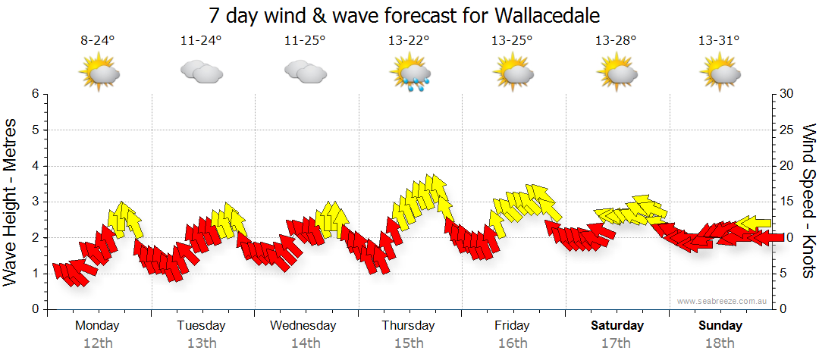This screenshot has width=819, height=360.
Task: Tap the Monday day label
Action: tap(97, 326)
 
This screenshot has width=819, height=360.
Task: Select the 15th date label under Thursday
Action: tap(409, 343)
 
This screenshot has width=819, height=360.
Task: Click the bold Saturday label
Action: tap(617, 326)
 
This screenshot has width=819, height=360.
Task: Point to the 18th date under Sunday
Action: tap(720, 343)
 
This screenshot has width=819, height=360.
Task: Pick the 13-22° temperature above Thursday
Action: tap(408, 41)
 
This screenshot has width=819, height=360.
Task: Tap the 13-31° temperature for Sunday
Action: tap(719, 41)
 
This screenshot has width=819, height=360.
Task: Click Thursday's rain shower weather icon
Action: tap(409, 74)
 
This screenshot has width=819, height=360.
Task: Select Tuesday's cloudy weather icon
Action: tap(201, 72)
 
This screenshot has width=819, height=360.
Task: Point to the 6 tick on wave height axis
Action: tap(34, 94)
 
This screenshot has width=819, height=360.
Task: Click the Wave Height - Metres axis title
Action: tap(11, 202)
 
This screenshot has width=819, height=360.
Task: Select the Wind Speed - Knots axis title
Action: tap(808, 202)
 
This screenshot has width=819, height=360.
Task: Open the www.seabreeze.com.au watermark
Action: tap(723, 302)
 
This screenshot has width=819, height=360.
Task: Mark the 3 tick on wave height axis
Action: tap(34, 202)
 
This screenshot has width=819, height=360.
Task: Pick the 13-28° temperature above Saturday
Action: tap(615, 41)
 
